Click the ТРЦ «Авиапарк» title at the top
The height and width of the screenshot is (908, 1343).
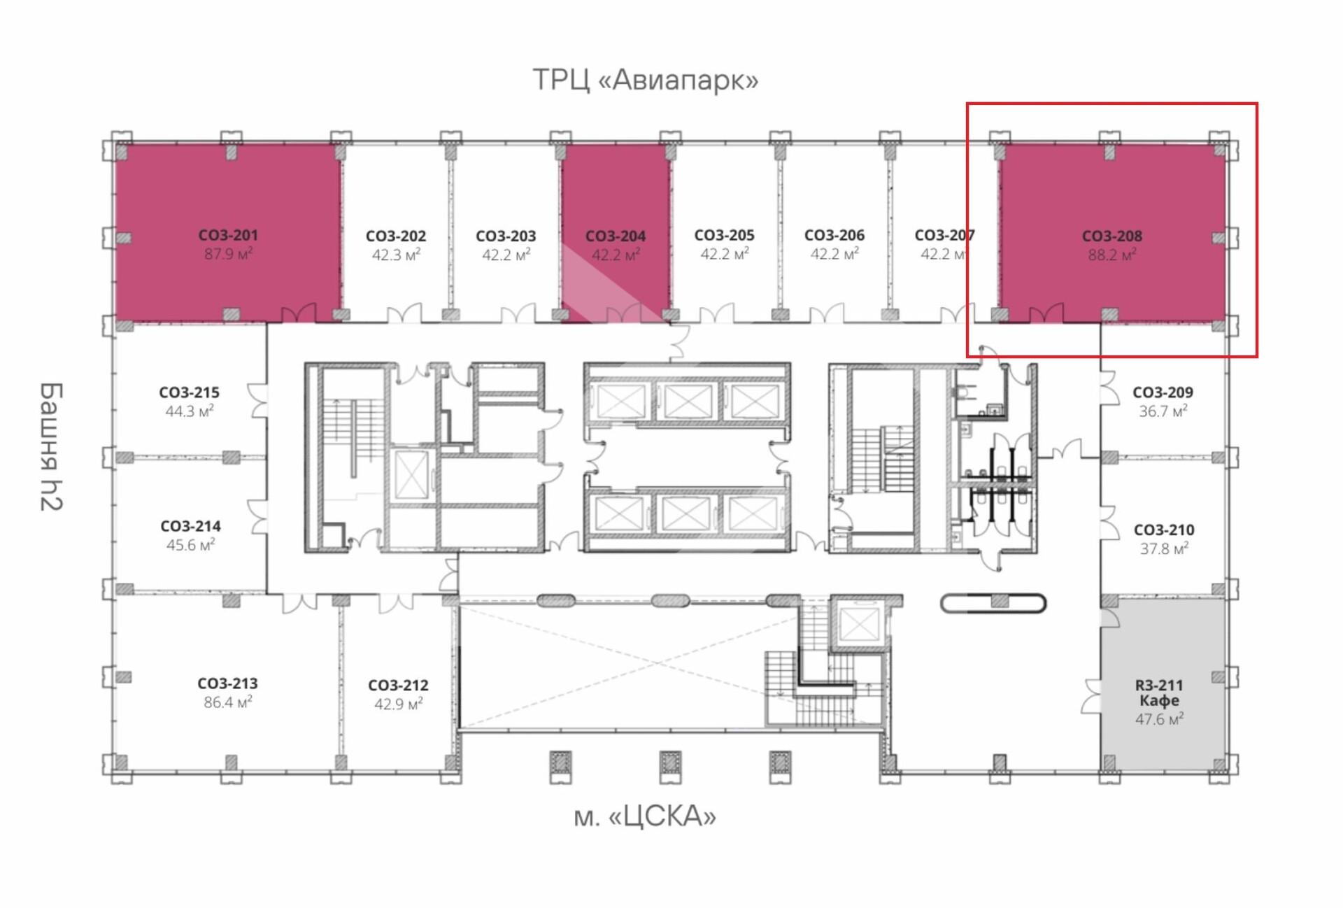click(645, 80)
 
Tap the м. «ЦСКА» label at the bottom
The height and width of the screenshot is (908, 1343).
click(644, 816)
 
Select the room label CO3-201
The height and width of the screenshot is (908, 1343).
click(228, 235)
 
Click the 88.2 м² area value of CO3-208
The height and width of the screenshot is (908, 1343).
click(1111, 255)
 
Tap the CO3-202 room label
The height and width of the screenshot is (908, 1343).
click(396, 236)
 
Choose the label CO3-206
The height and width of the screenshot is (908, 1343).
click(834, 235)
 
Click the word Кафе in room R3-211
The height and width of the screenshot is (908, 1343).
click(1159, 700)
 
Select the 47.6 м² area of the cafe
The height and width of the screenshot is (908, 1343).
click(1159, 719)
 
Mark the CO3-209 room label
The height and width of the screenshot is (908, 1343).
click(1163, 392)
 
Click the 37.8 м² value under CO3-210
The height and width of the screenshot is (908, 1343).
click(1164, 549)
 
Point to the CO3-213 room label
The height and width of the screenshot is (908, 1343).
click(227, 683)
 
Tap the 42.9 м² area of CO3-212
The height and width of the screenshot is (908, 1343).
click(398, 704)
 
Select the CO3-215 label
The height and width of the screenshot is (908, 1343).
click(189, 392)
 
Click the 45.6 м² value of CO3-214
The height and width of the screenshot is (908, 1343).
click(190, 545)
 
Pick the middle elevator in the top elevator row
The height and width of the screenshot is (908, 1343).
click(687, 402)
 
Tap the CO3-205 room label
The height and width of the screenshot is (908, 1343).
click(724, 235)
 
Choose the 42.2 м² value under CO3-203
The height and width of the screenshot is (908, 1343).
click(506, 255)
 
